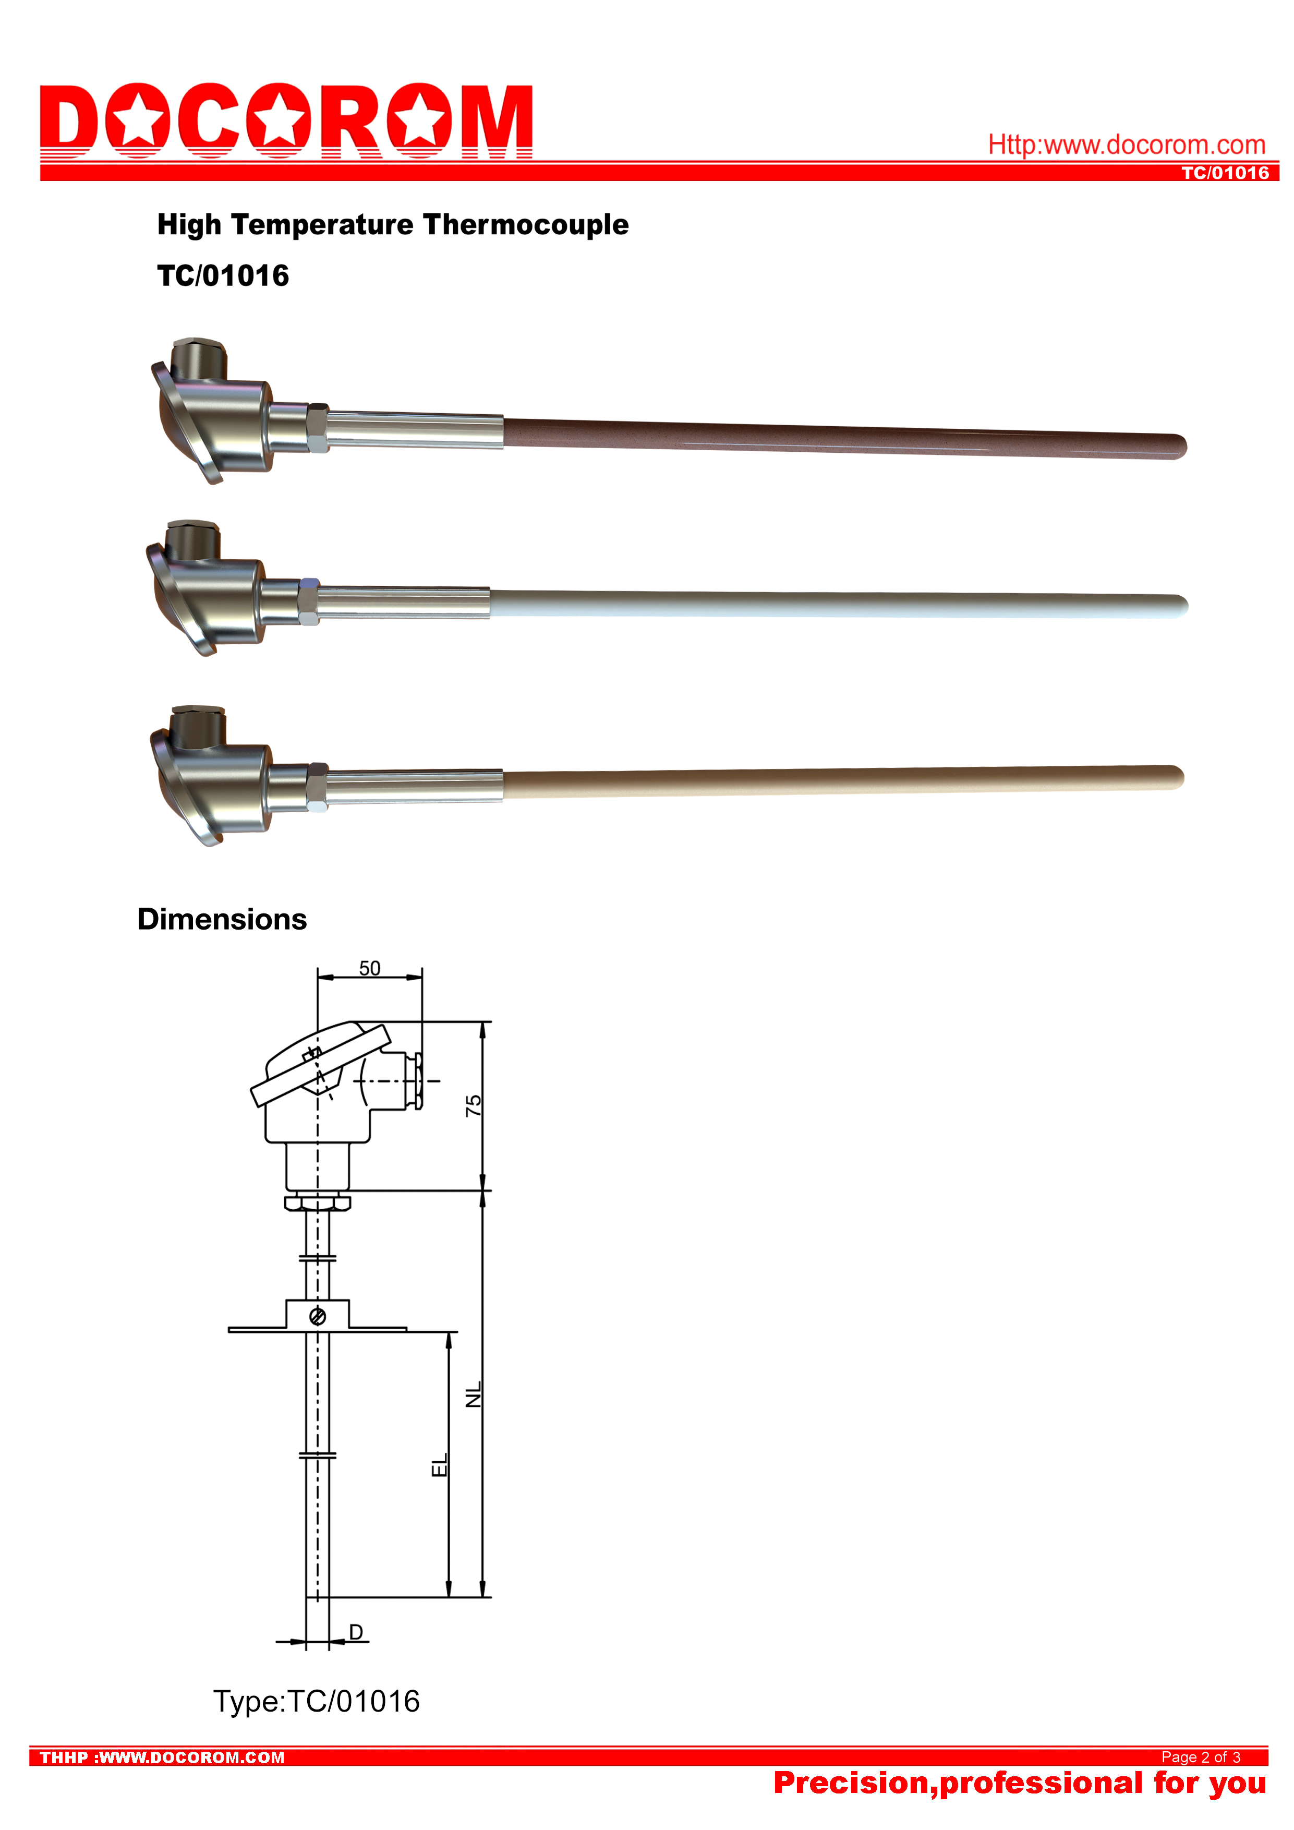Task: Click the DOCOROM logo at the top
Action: (286, 121)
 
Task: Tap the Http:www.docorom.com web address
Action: (1127, 145)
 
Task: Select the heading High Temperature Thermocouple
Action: (393, 225)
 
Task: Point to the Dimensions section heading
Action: (222, 919)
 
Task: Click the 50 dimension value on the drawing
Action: (370, 968)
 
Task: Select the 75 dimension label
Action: (473, 1105)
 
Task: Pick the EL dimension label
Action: (439, 1464)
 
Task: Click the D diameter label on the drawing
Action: (356, 1632)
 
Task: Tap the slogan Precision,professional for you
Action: (1020, 1783)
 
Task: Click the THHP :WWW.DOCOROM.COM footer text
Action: (162, 1757)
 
